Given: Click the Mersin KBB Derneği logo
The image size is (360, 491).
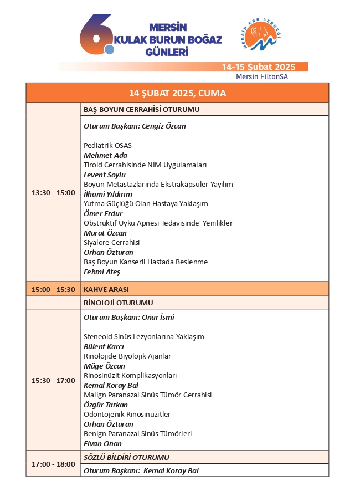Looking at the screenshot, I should [x=263, y=38].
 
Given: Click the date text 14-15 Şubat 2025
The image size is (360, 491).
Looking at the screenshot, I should [x=258, y=67].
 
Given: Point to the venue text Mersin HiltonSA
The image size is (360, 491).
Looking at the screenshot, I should [x=262, y=76].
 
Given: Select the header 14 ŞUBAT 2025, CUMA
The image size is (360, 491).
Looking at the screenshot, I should [x=177, y=93].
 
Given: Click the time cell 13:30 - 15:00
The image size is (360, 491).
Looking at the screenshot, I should [x=53, y=193].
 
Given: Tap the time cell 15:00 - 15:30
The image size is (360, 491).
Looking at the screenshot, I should [x=53, y=289].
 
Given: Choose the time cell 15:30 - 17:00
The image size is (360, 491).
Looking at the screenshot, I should [x=53, y=381].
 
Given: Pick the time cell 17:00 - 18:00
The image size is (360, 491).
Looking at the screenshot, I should [x=53, y=464].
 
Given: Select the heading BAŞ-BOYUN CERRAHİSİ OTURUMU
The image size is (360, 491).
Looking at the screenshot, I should [x=141, y=110].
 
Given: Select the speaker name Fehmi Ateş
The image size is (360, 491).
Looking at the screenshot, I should [x=102, y=272].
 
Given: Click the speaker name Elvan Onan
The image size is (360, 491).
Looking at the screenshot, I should [x=102, y=444].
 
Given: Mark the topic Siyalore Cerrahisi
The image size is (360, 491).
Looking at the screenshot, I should [x=111, y=243].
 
